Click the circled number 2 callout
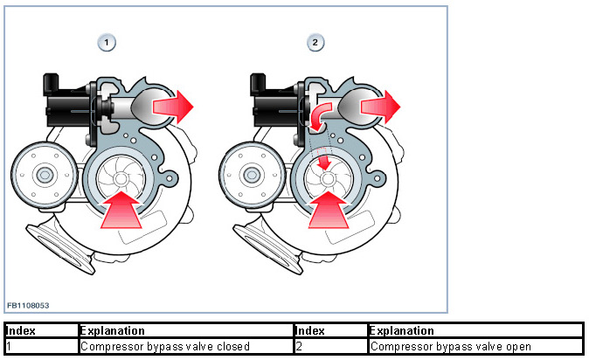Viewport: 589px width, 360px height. coord(315,42)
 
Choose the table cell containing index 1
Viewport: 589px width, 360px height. coord(40,347)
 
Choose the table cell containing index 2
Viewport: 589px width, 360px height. coord(330,347)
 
